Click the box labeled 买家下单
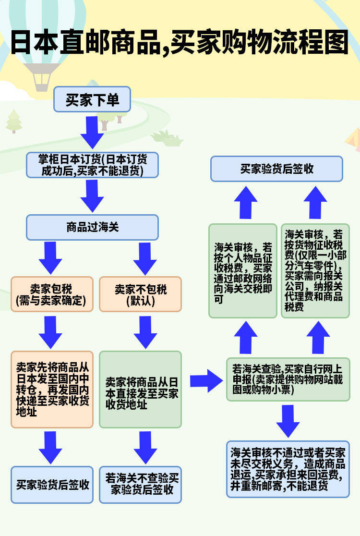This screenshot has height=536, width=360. click(92, 99)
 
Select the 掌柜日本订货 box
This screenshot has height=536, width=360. click(92, 164)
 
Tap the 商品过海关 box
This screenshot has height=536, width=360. click(92, 227)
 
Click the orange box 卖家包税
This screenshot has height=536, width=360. click(52, 294)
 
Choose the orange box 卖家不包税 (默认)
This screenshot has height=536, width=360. click(140, 294)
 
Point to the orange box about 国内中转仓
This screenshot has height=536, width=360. click(52, 389)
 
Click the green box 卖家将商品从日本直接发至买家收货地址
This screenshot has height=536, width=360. click(140, 389)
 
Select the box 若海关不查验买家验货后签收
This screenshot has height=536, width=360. click(140, 485)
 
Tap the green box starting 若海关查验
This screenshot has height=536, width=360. click(288, 379)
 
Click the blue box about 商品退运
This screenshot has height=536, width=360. click(288, 469)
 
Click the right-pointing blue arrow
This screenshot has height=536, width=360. click(205, 381)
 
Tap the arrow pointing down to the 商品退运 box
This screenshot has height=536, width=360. click(288, 420)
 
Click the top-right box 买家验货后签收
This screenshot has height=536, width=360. click(277, 169)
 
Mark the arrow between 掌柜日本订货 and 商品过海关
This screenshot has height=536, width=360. click(92, 196)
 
